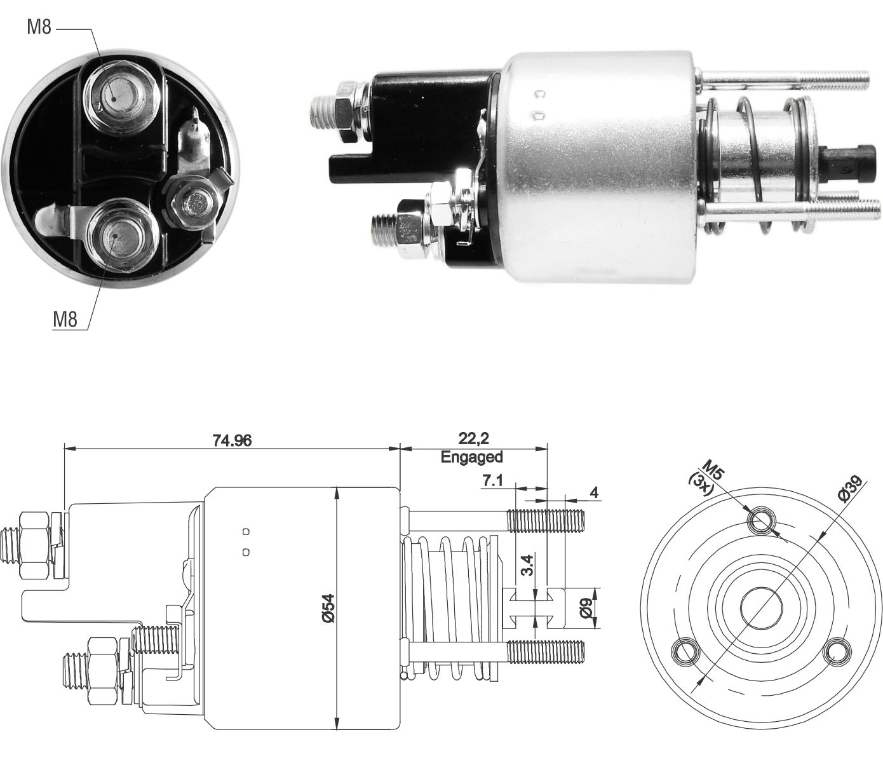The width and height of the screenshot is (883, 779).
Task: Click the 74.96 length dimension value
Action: click(x=231, y=440)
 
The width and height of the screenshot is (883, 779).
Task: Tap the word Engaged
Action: click(x=472, y=456)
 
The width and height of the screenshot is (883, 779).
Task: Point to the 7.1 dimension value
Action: click(x=492, y=481)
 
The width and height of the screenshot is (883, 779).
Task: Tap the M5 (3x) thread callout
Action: click(x=707, y=473)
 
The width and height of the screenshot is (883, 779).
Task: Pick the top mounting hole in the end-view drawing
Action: click(x=761, y=522)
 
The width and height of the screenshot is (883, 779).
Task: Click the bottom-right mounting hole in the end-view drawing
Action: click(x=837, y=652)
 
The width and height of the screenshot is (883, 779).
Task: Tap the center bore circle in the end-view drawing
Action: click(x=761, y=607)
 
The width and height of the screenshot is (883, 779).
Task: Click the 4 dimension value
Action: click(x=594, y=492)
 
